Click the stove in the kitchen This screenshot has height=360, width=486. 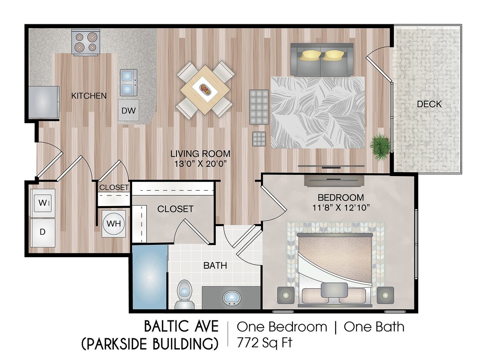coord(86,42)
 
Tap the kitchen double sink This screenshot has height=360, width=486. coord(128,82)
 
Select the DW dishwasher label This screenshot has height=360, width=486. coord(128,111)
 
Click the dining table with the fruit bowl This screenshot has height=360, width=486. coord(205,90)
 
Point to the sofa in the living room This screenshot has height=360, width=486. coord(321,59)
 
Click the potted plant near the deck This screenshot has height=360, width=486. coord(379,146)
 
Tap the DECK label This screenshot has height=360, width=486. coord(429,104)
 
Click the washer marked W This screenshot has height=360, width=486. coord(43,203)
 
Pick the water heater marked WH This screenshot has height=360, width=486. coord(114,224)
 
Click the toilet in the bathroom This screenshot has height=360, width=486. coord(184,294)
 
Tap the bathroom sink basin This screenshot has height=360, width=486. coord(231,298)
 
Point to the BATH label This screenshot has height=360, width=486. coord(215,266)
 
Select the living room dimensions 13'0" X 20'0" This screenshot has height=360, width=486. coord(200,163)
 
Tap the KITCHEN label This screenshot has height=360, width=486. coord(89,96)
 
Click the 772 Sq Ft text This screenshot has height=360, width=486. coord(264,343)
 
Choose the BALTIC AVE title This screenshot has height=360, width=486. coord(181,327)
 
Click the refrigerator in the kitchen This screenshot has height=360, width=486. coord(44,102)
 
